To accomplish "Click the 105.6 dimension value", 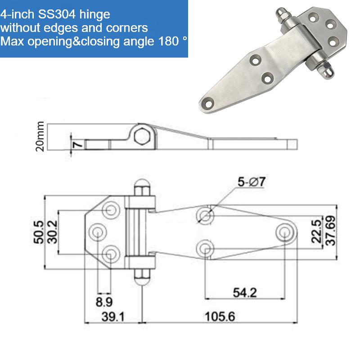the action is click(220, 316).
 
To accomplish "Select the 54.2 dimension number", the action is click(245, 293).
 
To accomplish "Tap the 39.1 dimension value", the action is click(113, 317).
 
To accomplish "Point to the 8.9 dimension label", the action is click(104, 301).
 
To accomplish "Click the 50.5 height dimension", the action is click(39, 232).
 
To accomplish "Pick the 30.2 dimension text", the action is click(52, 232).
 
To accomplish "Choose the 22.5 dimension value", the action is click(317, 231).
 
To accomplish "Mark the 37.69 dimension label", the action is click(331, 231).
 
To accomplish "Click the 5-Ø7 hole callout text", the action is click(252, 182).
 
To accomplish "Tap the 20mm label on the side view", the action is click(40, 136).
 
